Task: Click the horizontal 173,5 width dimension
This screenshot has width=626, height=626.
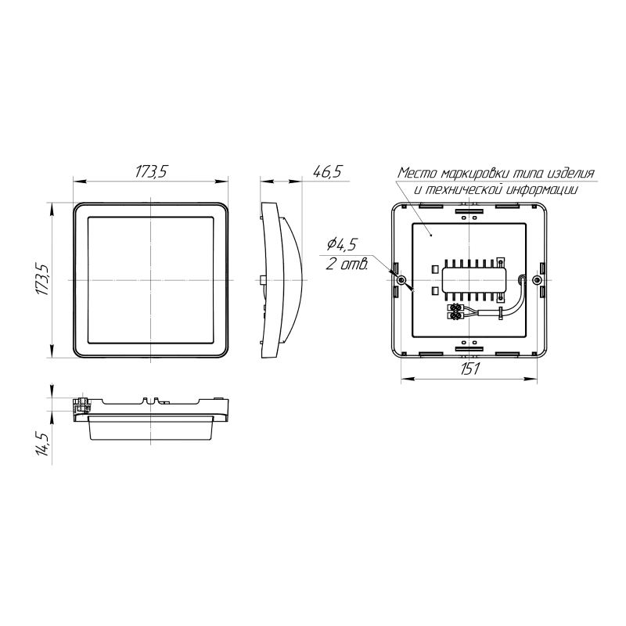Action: tap(150, 171)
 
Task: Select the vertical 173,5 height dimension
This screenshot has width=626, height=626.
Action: tap(43, 279)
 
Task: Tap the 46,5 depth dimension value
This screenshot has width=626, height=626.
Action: tap(327, 171)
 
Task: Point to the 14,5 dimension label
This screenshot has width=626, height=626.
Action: tap(43, 444)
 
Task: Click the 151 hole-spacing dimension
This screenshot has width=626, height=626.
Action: tap(469, 369)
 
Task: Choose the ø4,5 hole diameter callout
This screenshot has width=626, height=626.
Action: tap(341, 244)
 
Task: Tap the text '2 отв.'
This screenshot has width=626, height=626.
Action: tap(347, 264)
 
